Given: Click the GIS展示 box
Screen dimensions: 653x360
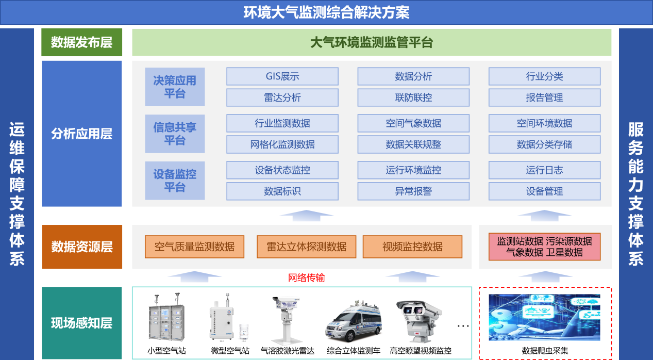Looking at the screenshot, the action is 282,76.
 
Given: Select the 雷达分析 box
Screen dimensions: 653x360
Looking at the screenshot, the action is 282,97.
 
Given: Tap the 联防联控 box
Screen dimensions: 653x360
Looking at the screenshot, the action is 413,97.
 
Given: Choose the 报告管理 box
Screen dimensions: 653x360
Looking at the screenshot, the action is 544,97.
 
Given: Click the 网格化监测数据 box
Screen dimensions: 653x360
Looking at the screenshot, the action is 282,144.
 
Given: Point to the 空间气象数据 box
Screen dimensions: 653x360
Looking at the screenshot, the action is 413,123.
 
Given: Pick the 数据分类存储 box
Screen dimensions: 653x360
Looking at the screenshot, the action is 544,144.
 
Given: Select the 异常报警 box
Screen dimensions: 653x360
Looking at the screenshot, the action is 413,191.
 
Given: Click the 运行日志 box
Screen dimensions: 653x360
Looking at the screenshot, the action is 544,170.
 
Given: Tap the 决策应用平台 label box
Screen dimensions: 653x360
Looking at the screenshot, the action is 175,87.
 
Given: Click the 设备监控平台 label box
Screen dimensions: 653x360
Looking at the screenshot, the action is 175,181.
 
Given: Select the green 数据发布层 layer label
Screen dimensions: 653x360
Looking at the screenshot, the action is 81,42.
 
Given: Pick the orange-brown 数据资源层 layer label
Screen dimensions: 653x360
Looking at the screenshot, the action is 82,247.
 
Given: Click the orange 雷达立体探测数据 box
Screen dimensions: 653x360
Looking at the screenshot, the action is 306,247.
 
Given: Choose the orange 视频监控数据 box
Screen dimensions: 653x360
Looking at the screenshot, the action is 412,247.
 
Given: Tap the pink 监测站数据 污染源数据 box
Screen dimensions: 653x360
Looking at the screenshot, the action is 545,247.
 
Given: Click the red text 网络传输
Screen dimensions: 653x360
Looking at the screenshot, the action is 306,277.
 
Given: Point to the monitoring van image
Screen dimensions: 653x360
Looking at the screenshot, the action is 354,321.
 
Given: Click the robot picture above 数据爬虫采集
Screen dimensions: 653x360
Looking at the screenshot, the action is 545,317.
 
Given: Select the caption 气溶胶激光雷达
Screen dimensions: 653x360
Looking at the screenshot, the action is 288,351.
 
